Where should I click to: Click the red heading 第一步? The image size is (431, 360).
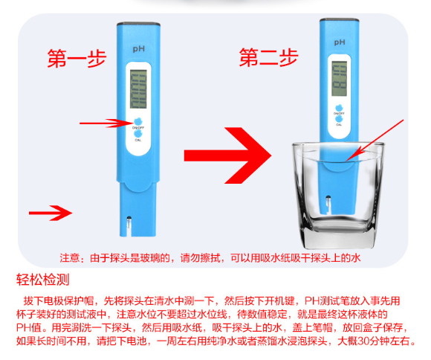click(x=77, y=58)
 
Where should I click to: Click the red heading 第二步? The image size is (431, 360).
click(x=268, y=57)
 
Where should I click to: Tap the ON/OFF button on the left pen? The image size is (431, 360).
click(x=137, y=121)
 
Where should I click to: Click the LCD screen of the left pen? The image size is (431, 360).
click(x=138, y=89)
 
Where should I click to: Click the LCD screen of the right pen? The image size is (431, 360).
click(x=339, y=78)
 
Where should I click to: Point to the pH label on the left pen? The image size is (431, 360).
click(x=138, y=49)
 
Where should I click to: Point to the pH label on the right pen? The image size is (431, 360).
click(x=340, y=42)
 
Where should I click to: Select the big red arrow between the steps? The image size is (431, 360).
click(x=227, y=155)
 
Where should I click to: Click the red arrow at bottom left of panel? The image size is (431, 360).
click(x=51, y=213)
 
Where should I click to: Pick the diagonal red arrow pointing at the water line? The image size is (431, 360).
click(x=375, y=141)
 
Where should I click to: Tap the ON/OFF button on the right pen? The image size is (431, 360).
click(x=339, y=108)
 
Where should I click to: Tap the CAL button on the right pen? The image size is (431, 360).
click(x=339, y=119)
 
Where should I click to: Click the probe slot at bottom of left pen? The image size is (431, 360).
click(x=129, y=226)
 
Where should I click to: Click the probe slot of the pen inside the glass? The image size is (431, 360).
click(x=328, y=205)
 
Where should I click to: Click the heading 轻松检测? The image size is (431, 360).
click(x=42, y=280)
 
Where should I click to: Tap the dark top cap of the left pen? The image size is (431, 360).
click(x=138, y=25)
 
